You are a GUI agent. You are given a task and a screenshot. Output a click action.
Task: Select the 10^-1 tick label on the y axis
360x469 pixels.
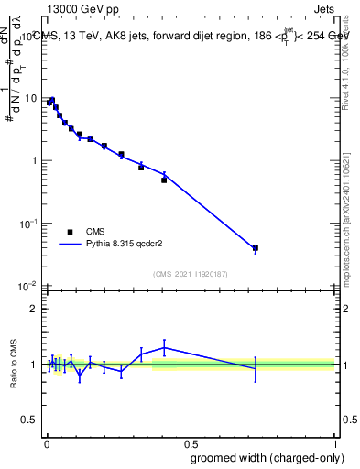pos(27,223)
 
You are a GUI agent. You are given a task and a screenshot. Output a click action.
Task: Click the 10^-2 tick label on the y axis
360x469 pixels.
pos(27,285)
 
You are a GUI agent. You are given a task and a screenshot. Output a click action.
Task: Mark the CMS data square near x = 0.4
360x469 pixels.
pos(164,180)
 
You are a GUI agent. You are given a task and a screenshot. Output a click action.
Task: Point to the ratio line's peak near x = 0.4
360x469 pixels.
pos(164,347)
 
